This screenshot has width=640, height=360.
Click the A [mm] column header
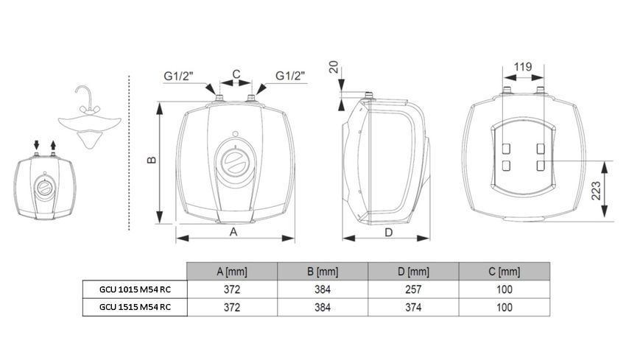tap(232, 272)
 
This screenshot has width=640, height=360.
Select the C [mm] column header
tap(504, 272)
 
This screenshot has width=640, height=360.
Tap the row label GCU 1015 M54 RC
tap(135, 289)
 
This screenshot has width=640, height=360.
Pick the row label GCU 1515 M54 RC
tap(135, 307)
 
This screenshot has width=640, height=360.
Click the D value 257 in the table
tap(413, 289)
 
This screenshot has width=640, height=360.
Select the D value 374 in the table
tap(413, 307)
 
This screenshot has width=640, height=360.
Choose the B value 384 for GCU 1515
tap(323, 307)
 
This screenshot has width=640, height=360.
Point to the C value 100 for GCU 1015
tap(504, 289)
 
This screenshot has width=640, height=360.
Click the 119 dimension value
tap(523, 66)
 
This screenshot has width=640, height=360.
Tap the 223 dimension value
tap(597, 191)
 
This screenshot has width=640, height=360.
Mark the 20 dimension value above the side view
tap(334, 66)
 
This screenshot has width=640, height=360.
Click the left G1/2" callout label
tap(178, 76)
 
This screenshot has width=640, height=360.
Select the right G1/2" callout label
tap(290, 76)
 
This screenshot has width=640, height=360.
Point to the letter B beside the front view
tap(152, 160)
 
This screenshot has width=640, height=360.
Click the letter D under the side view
tap(389, 233)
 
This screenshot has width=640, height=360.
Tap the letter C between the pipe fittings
tap(236, 74)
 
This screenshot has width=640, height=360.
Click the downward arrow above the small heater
tap(36, 145)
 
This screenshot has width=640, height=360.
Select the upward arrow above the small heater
tap(53, 145)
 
